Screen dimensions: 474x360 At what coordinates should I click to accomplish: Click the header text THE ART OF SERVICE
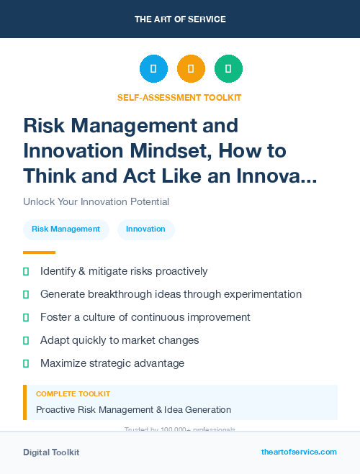180,19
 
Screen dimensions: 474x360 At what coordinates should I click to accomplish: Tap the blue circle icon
153,69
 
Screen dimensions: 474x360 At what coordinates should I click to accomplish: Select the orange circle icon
191,69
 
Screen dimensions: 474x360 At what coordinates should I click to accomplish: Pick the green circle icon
228,69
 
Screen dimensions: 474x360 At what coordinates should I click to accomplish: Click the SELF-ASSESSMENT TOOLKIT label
180,97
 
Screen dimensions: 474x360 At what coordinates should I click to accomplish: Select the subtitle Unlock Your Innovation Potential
96,201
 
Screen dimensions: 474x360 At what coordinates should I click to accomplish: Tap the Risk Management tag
66,229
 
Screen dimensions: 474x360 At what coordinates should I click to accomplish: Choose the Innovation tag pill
145,229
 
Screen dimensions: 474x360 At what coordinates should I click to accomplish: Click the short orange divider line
39,252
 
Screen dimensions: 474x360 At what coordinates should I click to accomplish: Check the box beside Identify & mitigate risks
26,271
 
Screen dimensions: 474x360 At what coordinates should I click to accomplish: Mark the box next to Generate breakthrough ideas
26,294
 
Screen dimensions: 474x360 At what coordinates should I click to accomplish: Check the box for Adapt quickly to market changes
26,340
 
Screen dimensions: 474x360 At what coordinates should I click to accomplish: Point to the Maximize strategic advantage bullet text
112,363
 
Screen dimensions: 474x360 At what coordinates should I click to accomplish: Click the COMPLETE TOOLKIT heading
73,394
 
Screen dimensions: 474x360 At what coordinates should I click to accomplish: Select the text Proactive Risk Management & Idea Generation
133,410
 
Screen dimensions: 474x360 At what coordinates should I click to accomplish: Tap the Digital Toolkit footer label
51,452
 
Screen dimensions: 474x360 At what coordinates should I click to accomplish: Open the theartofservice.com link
299,452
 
